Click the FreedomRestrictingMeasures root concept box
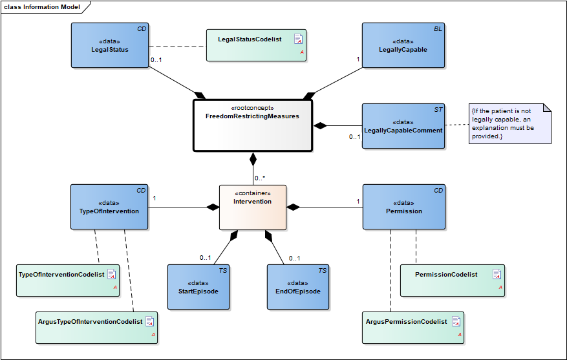(x=252, y=125)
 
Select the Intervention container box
(x=252, y=207)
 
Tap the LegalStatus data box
(x=109, y=45)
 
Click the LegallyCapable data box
(x=403, y=45)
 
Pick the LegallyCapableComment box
(x=403, y=126)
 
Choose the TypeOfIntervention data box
(x=109, y=207)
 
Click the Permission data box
(x=403, y=207)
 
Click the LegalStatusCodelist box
(x=256, y=45)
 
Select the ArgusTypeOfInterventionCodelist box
(x=98, y=327)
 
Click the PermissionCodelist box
(x=452, y=280)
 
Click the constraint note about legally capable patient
(x=509, y=123)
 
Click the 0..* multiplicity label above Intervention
(x=260, y=178)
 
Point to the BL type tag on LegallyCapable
(x=438, y=29)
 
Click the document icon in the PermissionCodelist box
(x=497, y=274)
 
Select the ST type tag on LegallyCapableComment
(x=438, y=110)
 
